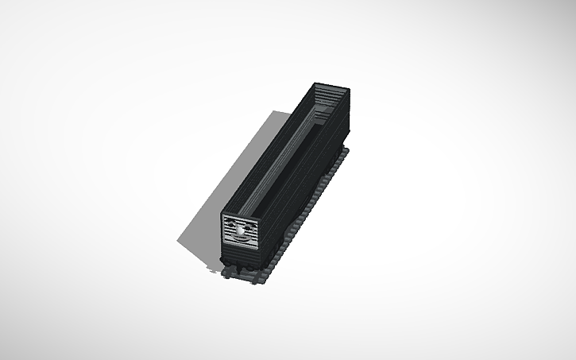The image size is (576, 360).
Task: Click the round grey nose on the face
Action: coord(240,231)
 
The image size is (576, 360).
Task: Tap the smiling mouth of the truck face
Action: coord(240,239)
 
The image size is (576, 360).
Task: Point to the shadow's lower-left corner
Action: coord(179,243)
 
